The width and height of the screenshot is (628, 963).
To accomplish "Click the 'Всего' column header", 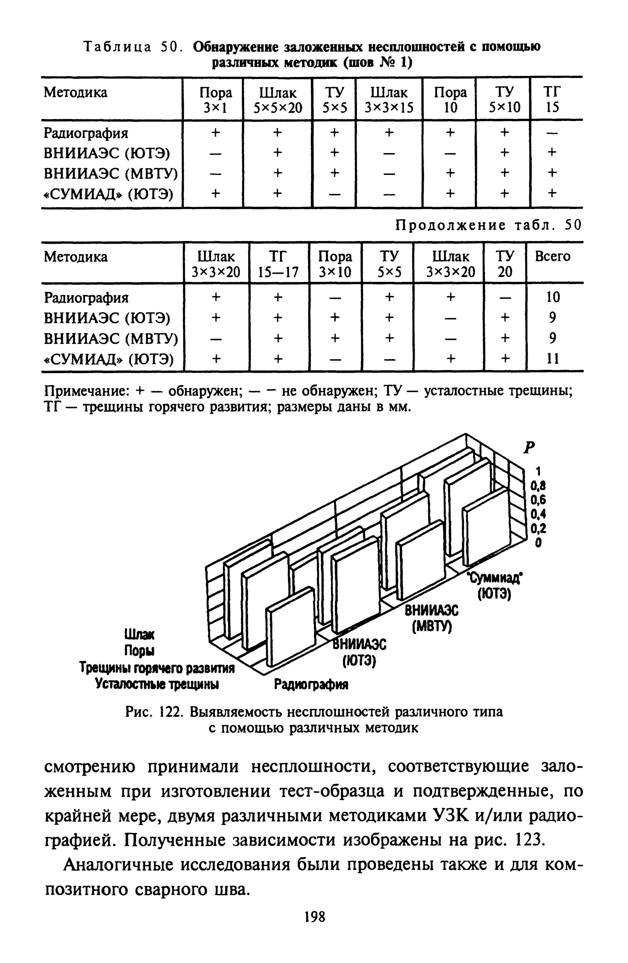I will tap(552, 256).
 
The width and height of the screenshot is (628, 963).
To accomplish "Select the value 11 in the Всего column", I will tap(552, 358).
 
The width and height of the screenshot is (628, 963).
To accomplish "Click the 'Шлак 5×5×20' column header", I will tap(278, 100).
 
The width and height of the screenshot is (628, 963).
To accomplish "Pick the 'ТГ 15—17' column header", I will tap(278, 264).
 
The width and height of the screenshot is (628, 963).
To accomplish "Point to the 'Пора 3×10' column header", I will tap(335, 264).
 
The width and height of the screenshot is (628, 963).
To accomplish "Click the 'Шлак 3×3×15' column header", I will tap(389, 100).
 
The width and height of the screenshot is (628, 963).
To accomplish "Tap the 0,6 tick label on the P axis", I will tap(538, 500).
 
